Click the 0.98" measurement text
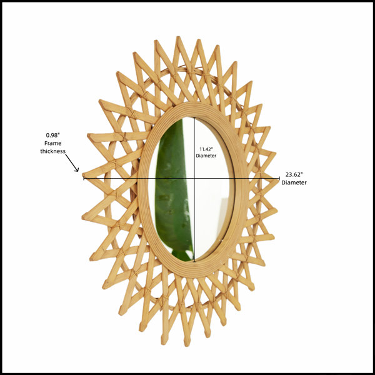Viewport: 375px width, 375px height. click(x=52, y=136)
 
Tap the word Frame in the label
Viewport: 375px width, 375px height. click(x=53, y=143)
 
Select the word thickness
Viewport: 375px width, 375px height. click(x=53, y=151)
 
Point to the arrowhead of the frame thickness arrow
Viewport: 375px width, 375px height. click(x=77, y=170)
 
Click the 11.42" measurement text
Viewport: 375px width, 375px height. click(x=206, y=149)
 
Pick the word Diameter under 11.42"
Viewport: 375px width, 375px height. click(x=206, y=156)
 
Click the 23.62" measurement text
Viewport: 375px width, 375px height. click(x=294, y=174)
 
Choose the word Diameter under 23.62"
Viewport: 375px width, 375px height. click(x=294, y=182)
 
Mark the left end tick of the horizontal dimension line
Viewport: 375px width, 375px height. click(x=84, y=178)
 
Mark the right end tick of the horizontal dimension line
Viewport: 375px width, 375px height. click(x=279, y=178)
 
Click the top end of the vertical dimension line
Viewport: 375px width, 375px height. click(x=194, y=117)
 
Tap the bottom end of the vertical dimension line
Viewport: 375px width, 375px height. click(x=194, y=262)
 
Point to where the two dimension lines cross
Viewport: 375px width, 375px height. click(x=194, y=178)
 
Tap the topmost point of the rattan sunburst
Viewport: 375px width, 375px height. click(x=177, y=37)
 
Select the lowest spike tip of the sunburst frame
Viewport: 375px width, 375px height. click(x=187, y=344)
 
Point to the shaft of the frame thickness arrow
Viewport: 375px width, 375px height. click(x=71, y=162)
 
